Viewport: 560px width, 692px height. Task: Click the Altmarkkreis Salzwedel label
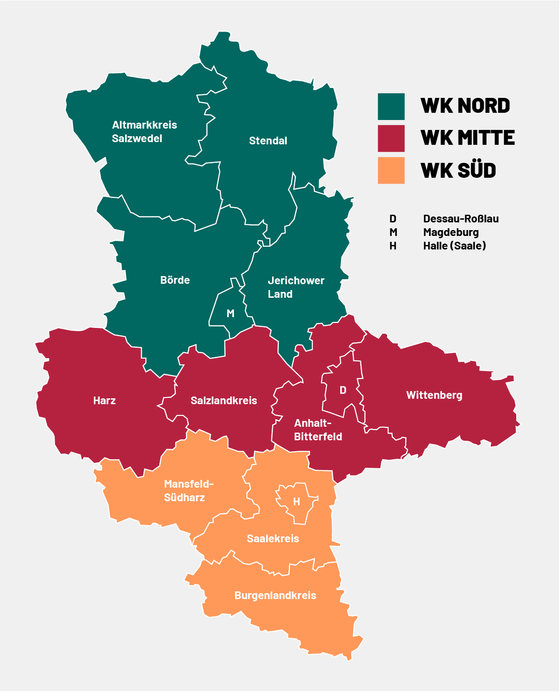144,132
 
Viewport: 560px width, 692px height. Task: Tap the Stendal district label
268,141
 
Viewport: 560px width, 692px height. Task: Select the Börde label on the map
175,280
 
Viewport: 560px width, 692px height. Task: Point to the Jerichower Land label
296,287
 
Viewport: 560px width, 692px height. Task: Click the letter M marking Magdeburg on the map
231,314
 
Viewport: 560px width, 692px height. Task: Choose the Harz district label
104,401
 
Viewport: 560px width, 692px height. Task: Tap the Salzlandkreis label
224,401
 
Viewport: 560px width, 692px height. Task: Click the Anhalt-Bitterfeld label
318,430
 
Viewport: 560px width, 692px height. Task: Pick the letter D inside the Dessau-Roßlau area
343,390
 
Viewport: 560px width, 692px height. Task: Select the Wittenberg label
434,395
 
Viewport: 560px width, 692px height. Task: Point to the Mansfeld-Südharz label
189,491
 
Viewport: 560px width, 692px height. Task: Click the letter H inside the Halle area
296,502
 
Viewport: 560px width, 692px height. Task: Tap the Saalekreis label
273,539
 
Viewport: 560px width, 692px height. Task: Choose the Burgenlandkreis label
275,595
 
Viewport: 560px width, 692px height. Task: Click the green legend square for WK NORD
391,106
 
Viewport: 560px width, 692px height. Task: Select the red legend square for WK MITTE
391,138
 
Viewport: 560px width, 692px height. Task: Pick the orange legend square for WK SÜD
391,171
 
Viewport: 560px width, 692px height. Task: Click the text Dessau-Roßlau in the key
461,219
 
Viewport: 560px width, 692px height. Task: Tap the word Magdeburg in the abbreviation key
451,232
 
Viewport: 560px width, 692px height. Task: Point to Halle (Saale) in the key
454,246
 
